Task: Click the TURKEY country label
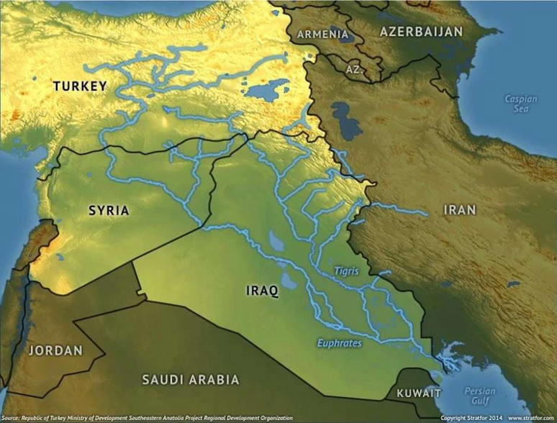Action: point(80,86)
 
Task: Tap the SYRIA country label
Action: point(109,211)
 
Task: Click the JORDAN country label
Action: point(55,351)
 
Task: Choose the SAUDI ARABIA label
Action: point(190,379)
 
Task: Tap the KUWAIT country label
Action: point(419,394)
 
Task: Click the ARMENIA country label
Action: point(324,34)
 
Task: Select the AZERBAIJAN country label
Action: point(421,32)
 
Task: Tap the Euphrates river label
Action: point(339,343)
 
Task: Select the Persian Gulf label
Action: point(479,396)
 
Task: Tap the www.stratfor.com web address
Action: point(531,417)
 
